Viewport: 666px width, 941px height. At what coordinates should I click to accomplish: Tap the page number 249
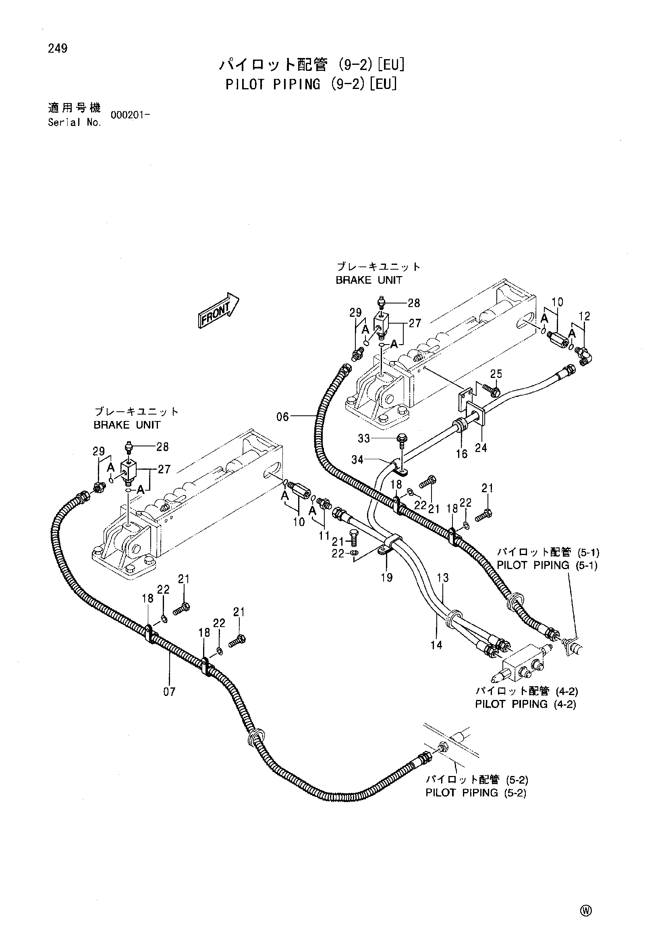point(58,49)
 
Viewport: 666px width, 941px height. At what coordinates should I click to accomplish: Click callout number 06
point(283,417)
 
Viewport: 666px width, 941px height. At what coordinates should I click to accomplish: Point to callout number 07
point(169,692)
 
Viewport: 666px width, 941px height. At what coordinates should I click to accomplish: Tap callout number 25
point(496,374)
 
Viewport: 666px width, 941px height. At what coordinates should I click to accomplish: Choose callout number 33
point(364,439)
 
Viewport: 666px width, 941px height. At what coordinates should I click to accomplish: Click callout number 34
point(357,460)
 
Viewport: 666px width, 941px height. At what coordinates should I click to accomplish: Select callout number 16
point(462,454)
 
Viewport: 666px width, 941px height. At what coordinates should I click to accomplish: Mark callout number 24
point(481,448)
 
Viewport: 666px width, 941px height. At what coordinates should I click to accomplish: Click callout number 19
point(386,578)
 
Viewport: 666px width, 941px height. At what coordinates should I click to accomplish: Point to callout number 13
point(443,578)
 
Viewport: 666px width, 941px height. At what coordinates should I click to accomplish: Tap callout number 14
point(436,645)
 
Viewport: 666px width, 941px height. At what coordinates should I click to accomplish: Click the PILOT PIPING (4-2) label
point(526,704)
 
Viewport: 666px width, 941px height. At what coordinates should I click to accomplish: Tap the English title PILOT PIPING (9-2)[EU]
point(311,84)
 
